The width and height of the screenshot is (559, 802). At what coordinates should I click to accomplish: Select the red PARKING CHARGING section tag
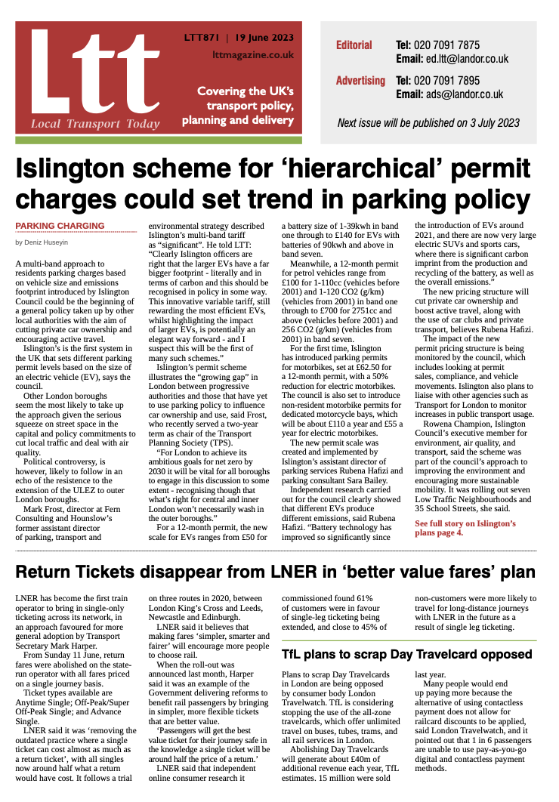coord(60,226)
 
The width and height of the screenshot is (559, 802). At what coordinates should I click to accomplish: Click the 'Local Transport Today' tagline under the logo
coord(95,124)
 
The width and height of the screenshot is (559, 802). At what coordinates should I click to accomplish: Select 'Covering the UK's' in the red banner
coord(245,91)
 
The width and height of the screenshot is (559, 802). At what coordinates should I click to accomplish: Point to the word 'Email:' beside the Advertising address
coord(409,94)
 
